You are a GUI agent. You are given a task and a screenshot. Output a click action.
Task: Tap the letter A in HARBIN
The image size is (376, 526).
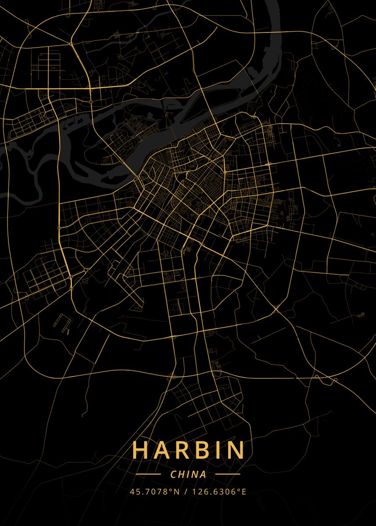tap(162, 450)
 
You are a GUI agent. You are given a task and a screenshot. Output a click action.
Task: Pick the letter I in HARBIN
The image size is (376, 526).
tap(217, 450)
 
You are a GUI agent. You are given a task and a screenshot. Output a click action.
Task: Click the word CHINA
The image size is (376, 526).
tap(188, 474)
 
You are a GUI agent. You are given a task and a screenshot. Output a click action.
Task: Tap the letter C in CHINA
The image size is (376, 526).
tap(173, 474)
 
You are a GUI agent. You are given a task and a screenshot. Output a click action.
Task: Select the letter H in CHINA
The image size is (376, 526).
tap(181, 474)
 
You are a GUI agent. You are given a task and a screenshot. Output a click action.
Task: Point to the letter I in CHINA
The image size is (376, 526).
tap(188, 474)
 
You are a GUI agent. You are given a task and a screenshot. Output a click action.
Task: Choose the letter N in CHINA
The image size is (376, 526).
tap(194, 474)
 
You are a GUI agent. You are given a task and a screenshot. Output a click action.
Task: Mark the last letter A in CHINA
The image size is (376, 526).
tap(203, 474)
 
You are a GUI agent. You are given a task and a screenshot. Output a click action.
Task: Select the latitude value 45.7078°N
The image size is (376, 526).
tap(154, 492)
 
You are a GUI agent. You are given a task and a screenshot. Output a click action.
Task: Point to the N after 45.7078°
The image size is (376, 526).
tap(177, 492)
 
